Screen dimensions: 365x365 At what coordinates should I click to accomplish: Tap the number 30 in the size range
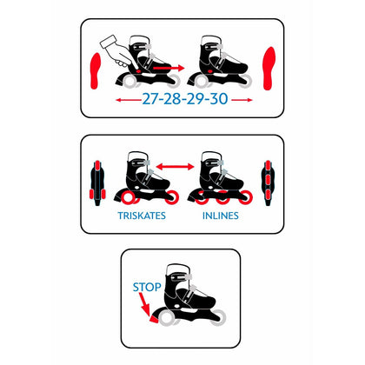tap(219, 99)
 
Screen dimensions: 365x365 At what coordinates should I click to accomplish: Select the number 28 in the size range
tap(174, 99)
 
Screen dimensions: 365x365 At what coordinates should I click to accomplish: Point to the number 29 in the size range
tap(196, 99)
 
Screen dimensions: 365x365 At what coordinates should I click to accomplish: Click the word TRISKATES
tap(142, 216)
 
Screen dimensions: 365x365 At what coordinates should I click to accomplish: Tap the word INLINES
tap(221, 216)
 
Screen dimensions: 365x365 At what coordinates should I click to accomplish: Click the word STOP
tap(147, 287)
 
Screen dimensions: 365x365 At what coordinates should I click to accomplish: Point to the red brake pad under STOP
tap(154, 319)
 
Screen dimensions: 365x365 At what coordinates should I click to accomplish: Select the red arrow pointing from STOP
tap(144, 304)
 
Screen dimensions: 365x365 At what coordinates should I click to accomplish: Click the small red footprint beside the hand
tap(96, 70)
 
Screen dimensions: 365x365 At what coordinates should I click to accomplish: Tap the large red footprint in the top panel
tap(269, 69)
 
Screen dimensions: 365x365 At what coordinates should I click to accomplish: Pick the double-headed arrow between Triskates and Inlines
tap(175, 167)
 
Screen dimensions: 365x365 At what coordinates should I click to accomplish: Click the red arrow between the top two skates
tap(169, 68)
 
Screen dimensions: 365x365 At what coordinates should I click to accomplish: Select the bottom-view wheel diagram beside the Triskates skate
tap(97, 183)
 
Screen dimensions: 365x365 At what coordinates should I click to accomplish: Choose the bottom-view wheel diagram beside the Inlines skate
tap(268, 183)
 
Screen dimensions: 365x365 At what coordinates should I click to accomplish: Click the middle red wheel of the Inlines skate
tap(222, 197)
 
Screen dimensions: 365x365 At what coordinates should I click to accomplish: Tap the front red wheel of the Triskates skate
tap(171, 197)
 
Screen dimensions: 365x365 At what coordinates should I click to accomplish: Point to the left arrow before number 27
tap(129, 100)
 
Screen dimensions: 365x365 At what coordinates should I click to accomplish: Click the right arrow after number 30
tap(242, 100)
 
